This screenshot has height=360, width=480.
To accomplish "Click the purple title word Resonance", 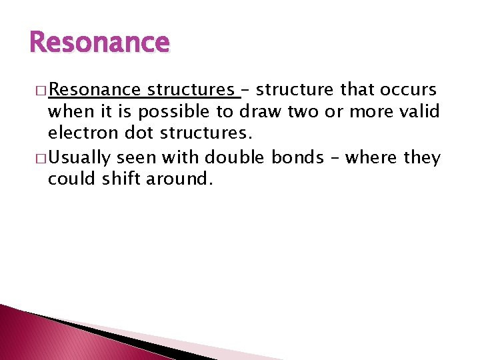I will pos(100,43).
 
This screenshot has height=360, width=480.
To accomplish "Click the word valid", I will pos(419,112).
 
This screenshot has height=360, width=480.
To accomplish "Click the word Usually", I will pos(79,158).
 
